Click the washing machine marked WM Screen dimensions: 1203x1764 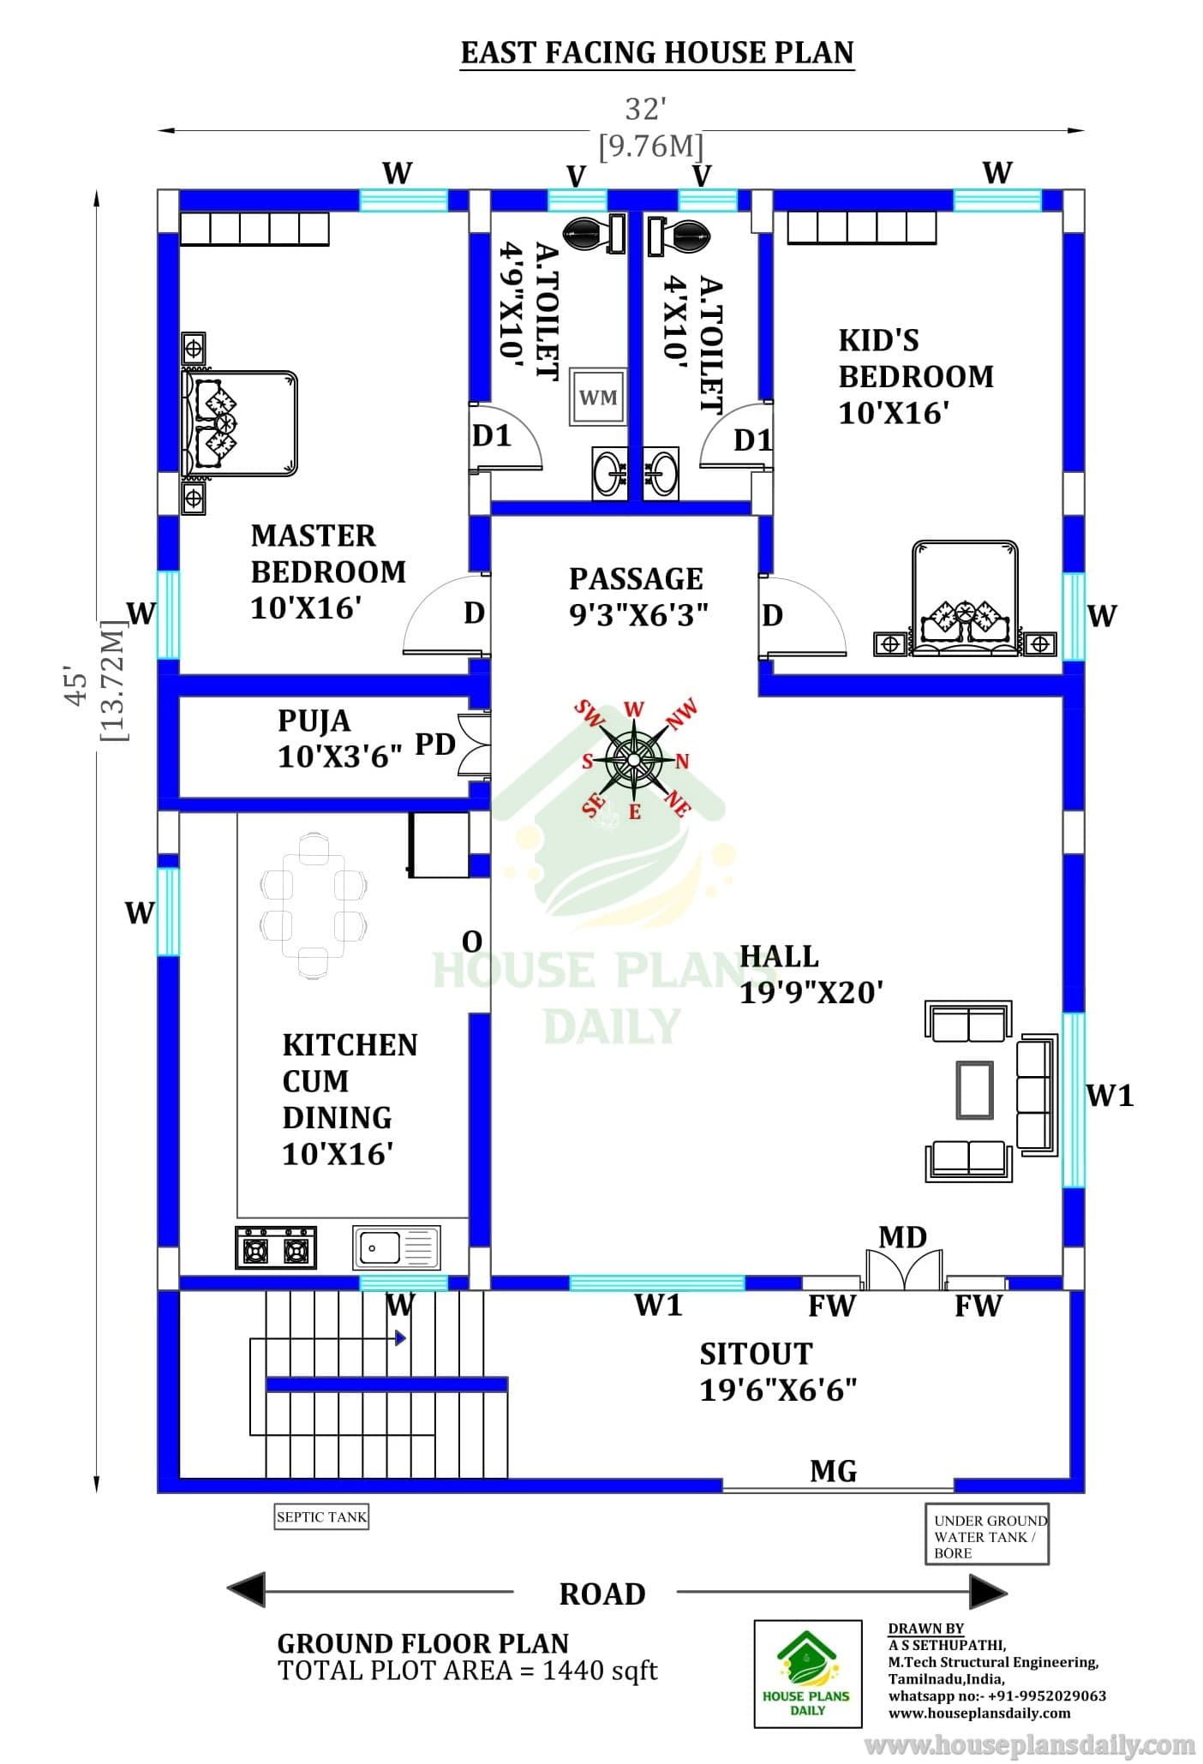[x=598, y=397]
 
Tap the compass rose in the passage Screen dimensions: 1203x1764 [x=633, y=759]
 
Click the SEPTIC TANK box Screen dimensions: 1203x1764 [x=321, y=1517]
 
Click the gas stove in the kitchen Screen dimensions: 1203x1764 [x=275, y=1247]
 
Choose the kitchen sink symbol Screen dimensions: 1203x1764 [x=397, y=1247]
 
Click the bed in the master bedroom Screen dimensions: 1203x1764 [x=239, y=423]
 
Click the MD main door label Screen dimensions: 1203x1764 [x=903, y=1237]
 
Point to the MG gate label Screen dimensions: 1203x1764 [x=834, y=1471]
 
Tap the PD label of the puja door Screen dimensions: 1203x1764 [x=435, y=744]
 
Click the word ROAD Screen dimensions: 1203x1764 [x=602, y=1594]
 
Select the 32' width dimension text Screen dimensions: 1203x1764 [x=646, y=109]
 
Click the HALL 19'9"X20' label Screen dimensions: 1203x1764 [x=811, y=974]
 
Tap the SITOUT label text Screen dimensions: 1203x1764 [x=756, y=1354]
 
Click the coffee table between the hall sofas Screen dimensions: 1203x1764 [x=975, y=1090]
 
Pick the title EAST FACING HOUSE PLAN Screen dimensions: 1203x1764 [x=657, y=53]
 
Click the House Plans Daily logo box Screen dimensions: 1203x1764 [x=808, y=1674]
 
